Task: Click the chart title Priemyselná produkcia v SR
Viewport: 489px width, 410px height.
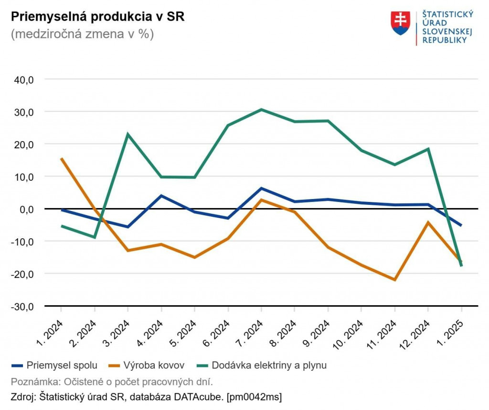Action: (97, 17)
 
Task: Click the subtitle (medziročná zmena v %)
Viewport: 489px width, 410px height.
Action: (82, 34)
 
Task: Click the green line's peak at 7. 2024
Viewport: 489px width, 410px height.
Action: (261, 110)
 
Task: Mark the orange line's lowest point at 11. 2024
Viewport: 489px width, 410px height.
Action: (395, 280)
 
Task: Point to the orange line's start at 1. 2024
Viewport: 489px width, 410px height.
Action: (62, 159)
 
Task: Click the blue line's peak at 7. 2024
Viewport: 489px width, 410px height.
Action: (261, 188)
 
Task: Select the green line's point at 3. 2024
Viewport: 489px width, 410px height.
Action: (128, 134)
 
